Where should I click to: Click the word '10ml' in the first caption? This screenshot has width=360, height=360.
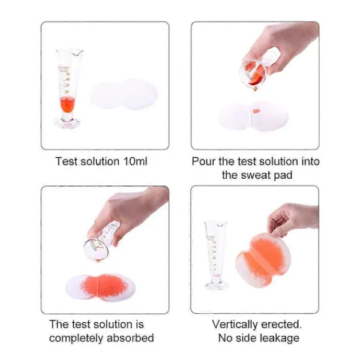coord(135,161)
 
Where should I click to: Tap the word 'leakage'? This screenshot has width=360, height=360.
coord(279,338)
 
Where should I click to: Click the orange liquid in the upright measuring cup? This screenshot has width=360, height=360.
coord(67,104)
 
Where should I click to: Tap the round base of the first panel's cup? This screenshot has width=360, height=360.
coord(67,123)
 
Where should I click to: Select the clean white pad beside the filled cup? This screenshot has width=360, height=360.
coord(124,94)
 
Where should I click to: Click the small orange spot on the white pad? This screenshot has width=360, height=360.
coord(256,112)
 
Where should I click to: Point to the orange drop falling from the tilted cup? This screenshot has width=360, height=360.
coord(256,88)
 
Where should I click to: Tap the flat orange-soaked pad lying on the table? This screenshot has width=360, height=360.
coord(100,287)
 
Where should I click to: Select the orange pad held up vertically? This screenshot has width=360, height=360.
coord(263,260)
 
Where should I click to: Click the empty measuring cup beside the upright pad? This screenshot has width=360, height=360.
coord(215,255)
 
